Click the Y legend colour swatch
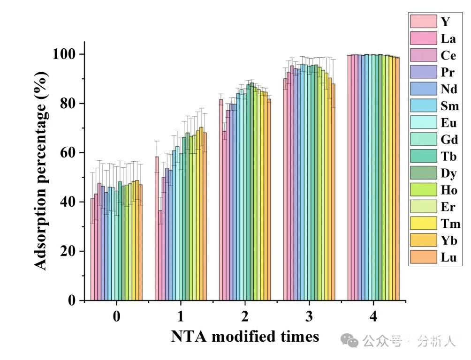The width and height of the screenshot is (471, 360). [424, 22]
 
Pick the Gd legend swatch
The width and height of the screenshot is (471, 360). [424, 140]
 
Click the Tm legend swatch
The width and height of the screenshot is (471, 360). [424, 224]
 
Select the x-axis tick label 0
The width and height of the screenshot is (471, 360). [116, 317]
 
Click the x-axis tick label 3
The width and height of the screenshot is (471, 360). [309, 317]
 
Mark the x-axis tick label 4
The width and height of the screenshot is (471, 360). [373, 317]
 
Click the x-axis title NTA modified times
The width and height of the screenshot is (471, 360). [245, 336]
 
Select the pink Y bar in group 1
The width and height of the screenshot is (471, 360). [157, 230]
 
